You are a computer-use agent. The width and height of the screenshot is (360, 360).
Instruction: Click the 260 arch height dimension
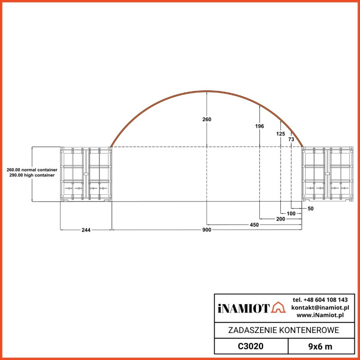(x=207, y=120)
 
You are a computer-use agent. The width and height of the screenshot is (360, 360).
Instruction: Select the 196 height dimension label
(x=260, y=126)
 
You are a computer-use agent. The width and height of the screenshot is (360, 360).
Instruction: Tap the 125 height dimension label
(x=281, y=134)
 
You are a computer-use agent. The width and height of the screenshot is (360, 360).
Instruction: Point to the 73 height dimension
(x=291, y=140)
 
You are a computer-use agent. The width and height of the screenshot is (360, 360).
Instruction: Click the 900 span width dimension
(x=207, y=230)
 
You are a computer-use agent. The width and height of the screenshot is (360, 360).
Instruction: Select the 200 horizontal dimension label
(x=281, y=219)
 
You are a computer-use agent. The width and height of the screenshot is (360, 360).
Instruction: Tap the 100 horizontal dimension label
(x=291, y=213)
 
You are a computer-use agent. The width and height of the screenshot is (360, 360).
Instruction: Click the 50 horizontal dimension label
(x=310, y=209)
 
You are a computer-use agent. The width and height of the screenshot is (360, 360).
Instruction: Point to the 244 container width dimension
(x=86, y=230)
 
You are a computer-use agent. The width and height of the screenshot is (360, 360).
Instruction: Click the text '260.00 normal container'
(x=32, y=170)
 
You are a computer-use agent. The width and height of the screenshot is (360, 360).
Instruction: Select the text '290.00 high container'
(x=32, y=175)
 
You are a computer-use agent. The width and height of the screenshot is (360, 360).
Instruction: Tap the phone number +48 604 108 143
(x=320, y=300)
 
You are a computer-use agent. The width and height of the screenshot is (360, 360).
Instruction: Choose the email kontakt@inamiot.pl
(x=320, y=307)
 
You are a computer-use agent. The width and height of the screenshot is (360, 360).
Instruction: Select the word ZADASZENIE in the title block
(x=252, y=331)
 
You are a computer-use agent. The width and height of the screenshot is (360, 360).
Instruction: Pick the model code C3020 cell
(x=250, y=346)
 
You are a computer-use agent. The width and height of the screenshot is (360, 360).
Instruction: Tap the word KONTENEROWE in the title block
(x=309, y=331)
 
